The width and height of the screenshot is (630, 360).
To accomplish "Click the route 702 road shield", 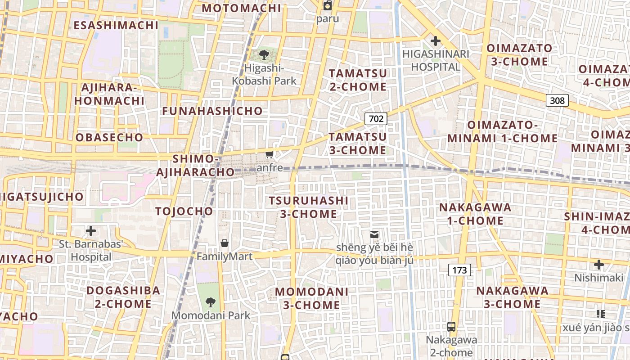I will click(x=376, y=119).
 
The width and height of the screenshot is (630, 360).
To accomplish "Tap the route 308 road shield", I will click(x=557, y=100).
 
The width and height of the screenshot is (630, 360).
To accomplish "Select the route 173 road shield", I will click(x=459, y=270).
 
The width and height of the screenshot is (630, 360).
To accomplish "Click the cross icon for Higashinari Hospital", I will click(x=435, y=41).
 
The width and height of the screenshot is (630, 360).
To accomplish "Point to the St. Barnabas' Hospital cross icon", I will click(x=91, y=231).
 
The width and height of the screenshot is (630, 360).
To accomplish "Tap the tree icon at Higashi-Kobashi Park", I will click(x=264, y=55).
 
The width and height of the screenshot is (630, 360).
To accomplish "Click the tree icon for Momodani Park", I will click(x=210, y=302).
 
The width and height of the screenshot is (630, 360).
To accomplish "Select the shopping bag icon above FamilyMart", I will click(x=225, y=243).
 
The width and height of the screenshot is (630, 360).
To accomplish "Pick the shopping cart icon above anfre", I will click(x=269, y=155).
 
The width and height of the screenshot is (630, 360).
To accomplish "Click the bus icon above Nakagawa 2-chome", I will click(x=451, y=327).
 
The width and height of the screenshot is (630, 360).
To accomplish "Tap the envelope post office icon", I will click(x=374, y=234).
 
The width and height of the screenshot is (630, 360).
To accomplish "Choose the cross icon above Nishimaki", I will click(x=598, y=265).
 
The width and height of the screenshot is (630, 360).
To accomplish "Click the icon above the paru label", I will click(x=328, y=6).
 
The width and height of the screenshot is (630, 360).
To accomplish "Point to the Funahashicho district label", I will click(x=212, y=111).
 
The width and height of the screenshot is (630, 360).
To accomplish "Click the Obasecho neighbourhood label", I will click(x=109, y=138).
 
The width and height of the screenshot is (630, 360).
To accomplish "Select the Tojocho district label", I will click(x=184, y=211).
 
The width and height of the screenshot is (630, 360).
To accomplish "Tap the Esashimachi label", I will click(x=116, y=25).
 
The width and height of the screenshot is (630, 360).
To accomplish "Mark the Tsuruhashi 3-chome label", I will click(x=309, y=207).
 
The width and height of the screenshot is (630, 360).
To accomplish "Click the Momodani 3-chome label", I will click(x=312, y=298).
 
